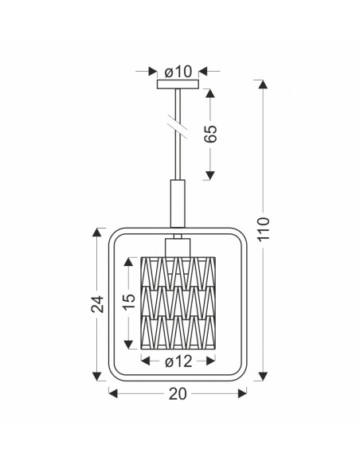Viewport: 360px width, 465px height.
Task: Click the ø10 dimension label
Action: [178, 72]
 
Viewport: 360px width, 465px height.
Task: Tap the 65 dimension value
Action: [211, 134]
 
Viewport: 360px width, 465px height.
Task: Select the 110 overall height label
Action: [264, 229]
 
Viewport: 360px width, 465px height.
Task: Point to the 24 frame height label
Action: [97, 304]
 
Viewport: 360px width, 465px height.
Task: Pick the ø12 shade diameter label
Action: [178, 361]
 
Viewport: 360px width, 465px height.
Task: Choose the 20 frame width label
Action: [178, 394]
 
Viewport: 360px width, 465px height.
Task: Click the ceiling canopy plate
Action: [178, 84]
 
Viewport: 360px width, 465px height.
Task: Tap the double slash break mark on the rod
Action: [178, 126]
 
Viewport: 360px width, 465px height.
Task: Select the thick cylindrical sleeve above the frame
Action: [178, 204]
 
